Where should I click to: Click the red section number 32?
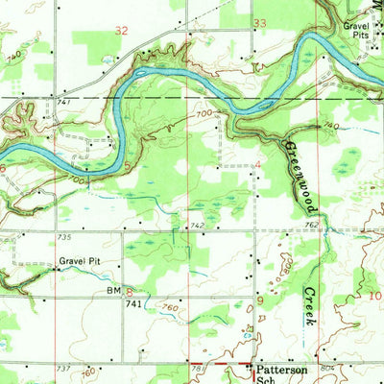click(x=120, y=31)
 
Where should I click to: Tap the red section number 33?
click(x=259, y=22)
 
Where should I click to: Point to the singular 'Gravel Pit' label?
click(x=79, y=260)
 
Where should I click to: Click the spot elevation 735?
click(x=66, y=236)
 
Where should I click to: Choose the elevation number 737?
click(x=64, y=368)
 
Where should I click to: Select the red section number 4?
click(x=258, y=165)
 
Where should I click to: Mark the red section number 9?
click(x=259, y=301)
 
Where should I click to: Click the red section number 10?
click(x=375, y=297)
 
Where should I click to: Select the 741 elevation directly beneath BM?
click(x=133, y=302)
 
